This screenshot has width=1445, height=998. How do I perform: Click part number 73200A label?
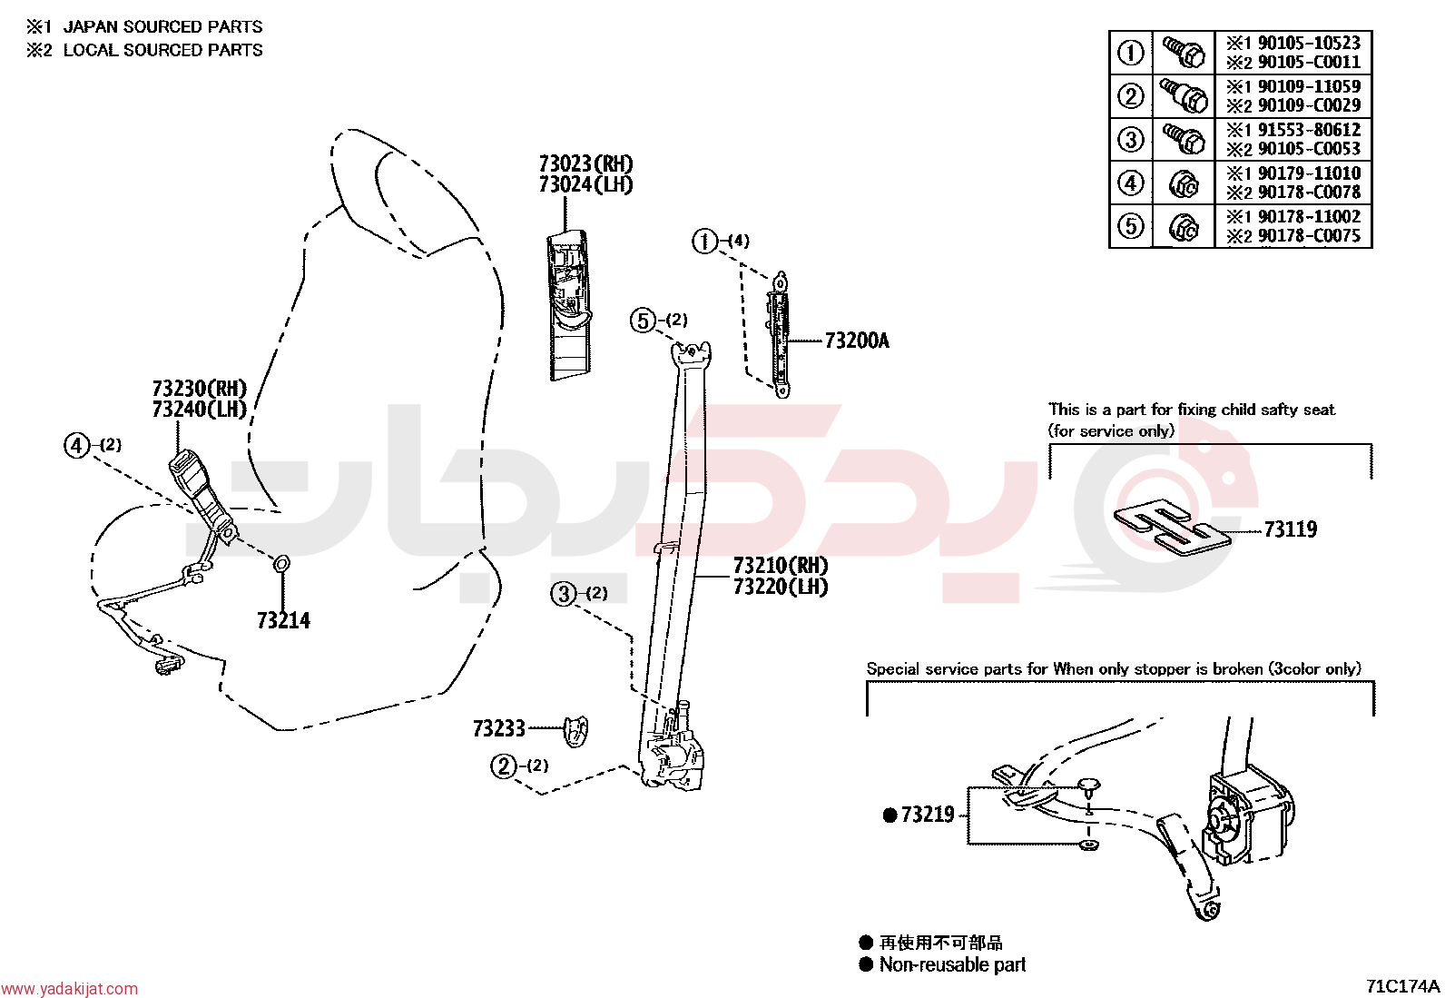(x=857, y=341)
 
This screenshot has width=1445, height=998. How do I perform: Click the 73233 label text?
(x=498, y=728)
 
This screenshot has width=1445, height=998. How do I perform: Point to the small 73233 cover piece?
(x=576, y=731)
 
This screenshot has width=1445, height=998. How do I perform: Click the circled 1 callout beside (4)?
(x=704, y=242)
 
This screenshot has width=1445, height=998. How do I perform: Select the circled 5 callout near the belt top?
(x=643, y=321)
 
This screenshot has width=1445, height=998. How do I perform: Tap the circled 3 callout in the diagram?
(x=563, y=593)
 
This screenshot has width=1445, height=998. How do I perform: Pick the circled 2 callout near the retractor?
(x=503, y=766)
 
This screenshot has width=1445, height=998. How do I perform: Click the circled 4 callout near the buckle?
(x=76, y=445)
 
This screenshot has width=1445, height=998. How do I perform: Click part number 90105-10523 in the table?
(x=1309, y=43)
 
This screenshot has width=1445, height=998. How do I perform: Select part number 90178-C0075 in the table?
(x=1309, y=235)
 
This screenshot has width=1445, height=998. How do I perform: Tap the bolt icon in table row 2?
(x=1184, y=95)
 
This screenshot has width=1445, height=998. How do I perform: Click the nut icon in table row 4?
(x=1184, y=183)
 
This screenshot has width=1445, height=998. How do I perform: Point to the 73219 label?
(x=927, y=815)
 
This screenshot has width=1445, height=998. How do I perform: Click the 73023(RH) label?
(x=585, y=163)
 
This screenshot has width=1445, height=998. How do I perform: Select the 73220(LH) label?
(x=781, y=587)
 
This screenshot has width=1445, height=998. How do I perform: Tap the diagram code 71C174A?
(x=1402, y=986)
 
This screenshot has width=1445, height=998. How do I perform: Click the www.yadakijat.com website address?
(x=69, y=989)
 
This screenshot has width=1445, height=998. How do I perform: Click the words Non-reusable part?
(x=952, y=964)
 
